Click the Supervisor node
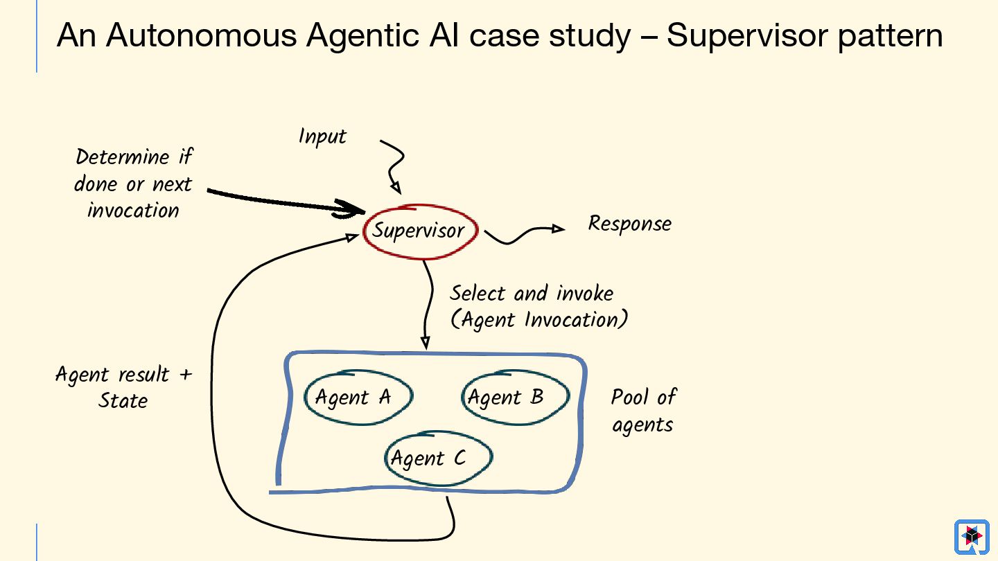click(419, 231)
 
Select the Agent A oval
click(358, 396)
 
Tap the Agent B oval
click(514, 396)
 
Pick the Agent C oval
click(437, 458)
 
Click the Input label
click(322, 136)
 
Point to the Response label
click(629, 224)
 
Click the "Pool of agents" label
click(642, 410)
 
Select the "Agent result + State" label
click(123, 387)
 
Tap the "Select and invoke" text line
click(532, 294)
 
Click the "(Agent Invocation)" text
click(539, 320)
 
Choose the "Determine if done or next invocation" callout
click(133, 184)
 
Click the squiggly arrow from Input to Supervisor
click(393, 165)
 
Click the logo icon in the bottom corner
click(972, 536)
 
